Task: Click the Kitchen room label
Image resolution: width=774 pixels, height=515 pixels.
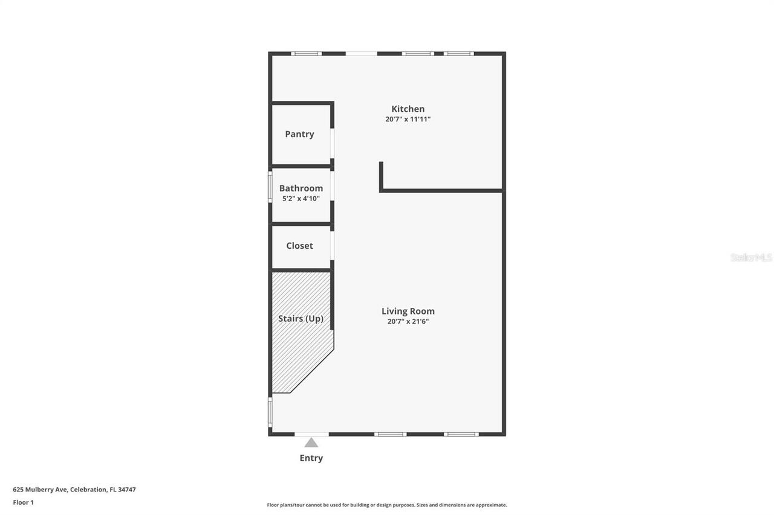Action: point(408,109)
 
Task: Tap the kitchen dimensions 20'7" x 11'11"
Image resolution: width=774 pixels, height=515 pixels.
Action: point(408,120)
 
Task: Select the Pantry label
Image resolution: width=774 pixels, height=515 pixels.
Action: point(299,134)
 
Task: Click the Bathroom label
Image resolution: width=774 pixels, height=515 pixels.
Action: point(301,188)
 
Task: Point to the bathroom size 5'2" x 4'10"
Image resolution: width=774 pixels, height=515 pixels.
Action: point(301,199)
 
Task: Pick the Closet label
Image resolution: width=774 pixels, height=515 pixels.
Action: point(299,246)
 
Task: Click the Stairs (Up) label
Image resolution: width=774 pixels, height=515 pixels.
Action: point(301,318)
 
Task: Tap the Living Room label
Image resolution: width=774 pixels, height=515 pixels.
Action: point(408,311)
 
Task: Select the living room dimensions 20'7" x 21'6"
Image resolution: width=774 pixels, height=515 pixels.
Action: point(408,322)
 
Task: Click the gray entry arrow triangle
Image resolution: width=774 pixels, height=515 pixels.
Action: point(311,443)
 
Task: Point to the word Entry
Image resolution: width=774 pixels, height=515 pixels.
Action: point(311,458)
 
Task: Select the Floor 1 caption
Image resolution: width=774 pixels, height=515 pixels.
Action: point(23,502)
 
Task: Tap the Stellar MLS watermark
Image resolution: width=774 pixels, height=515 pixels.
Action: point(751,257)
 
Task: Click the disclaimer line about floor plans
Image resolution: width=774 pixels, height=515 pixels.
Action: point(387,505)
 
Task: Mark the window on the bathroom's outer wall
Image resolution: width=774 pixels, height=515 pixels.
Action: point(270,187)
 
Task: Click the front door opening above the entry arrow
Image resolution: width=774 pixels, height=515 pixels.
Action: point(311,433)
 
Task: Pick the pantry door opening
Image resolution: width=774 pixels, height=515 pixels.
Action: point(332,143)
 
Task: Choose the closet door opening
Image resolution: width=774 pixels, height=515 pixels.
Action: point(332,246)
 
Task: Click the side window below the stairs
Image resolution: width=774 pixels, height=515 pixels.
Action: point(270,412)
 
